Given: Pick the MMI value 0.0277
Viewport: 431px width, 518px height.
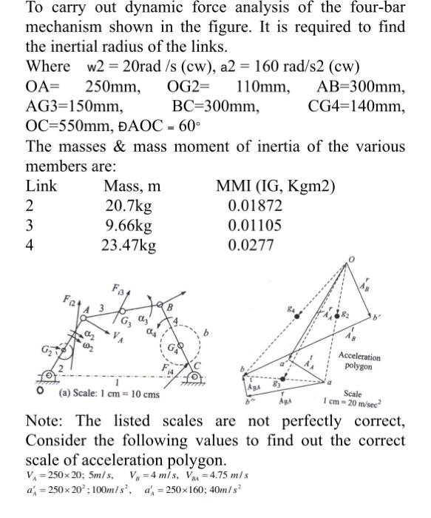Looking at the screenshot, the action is pyautogui.click(x=247, y=243).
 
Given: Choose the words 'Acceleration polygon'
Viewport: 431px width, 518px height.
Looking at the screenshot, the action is pyautogui.click(x=360, y=361).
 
